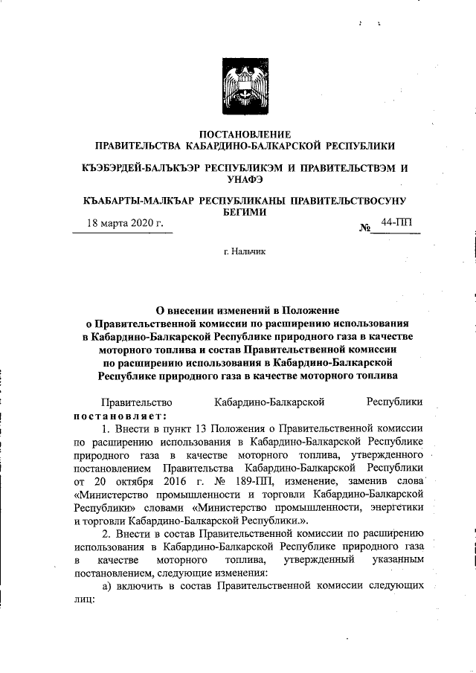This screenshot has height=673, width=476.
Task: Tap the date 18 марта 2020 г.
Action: (126, 222)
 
